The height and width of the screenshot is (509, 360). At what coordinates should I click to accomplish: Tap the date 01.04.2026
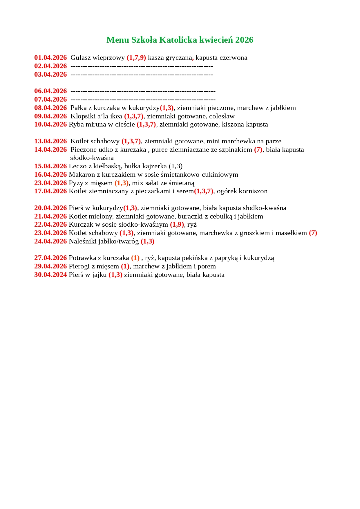click(50, 58)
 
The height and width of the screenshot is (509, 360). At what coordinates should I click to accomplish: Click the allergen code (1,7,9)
click(136, 58)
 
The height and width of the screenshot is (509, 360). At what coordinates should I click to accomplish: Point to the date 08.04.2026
click(50, 108)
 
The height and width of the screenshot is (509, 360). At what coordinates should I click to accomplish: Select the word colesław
click(222, 116)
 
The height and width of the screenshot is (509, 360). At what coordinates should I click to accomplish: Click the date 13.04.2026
click(50, 141)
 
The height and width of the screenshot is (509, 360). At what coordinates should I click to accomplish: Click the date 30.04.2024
click(50, 275)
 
